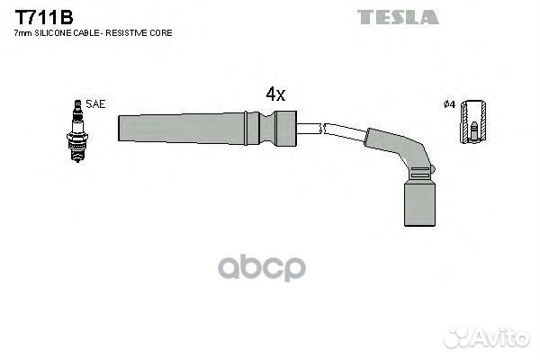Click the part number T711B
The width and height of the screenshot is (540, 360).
[x=44, y=18]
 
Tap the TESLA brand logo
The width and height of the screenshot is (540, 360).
[x=398, y=17]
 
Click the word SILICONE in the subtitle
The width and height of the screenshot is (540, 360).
[x=51, y=33]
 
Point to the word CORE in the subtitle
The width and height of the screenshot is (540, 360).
[x=161, y=33]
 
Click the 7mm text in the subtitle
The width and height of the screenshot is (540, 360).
[x=23, y=33]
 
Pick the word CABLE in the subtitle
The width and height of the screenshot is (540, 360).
[x=81, y=33]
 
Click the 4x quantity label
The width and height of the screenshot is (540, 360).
[x=275, y=94]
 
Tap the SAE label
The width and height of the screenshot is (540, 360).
[x=95, y=104]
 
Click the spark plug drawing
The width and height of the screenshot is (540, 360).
[x=77, y=130]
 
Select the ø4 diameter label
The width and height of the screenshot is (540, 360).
[x=449, y=104]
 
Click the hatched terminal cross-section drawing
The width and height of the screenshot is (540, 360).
[x=473, y=121]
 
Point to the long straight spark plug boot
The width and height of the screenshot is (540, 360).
[x=207, y=128]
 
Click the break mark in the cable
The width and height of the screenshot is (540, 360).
[x=323, y=129]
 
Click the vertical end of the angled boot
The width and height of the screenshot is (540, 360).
[x=419, y=203]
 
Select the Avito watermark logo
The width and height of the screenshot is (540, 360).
[x=487, y=337]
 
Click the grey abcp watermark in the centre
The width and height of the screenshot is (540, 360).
[x=262, y=267]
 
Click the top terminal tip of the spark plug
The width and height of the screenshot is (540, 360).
[x=77, y=103]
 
